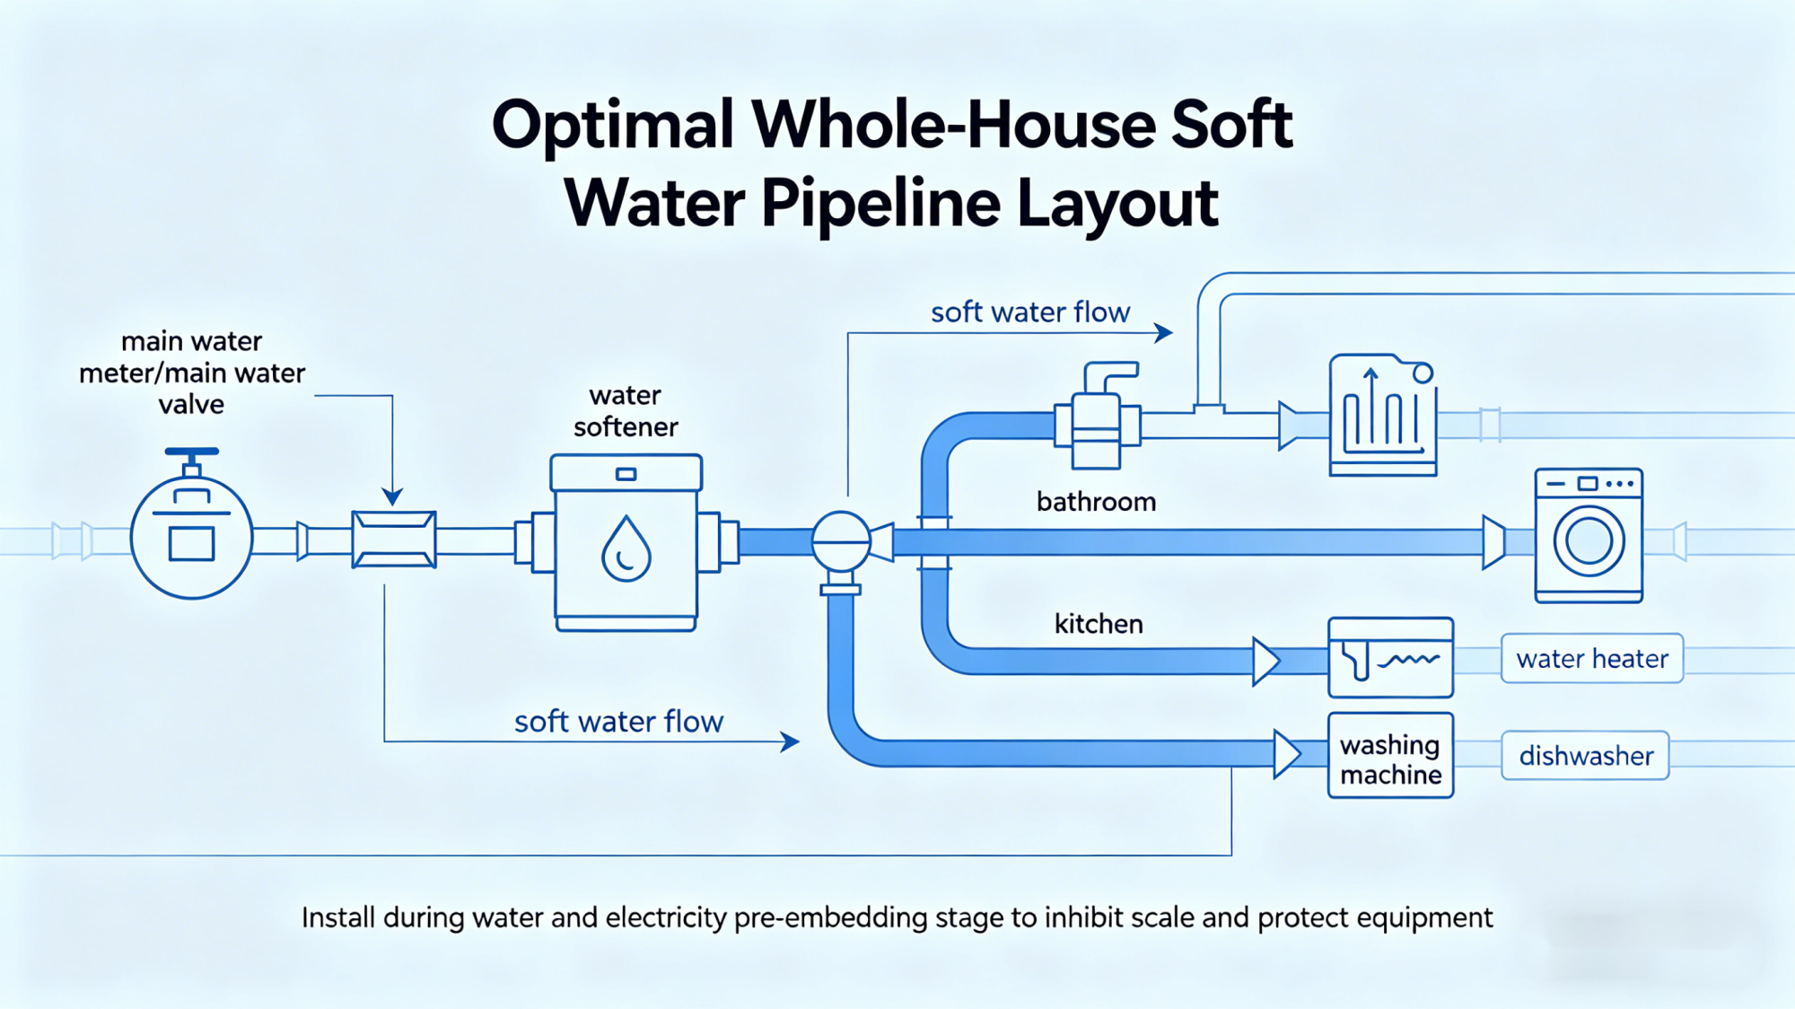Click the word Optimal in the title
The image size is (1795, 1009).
click(x=613, y=126)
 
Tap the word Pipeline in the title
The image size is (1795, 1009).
click(x=880, y=204)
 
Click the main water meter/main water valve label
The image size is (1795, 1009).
click(x=192, y=373)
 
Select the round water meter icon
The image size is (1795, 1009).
click(x=191, y=539)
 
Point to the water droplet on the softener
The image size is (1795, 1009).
click(x=626, y=548)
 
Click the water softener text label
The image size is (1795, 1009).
click(x=626, y=411)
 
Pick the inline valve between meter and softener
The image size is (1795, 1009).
click(x=394, y=540)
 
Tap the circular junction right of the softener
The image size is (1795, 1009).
click(x=841, y=541)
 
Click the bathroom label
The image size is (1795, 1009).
click(x=1096, y=502)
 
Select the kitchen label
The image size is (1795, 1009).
click(x=1099, y=624)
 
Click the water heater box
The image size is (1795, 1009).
click(x=1592, y=659)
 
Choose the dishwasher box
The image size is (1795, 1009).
click(x=1586, y=756)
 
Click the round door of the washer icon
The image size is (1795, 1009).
click(x=1589, y=541)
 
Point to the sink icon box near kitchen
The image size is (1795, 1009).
click(x=1390, y=658)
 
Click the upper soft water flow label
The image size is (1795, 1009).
click(x=1030, y=312)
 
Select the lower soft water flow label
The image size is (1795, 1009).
click(x=618, y=722)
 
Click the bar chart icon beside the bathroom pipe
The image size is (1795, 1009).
click(x=1383, y=416)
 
